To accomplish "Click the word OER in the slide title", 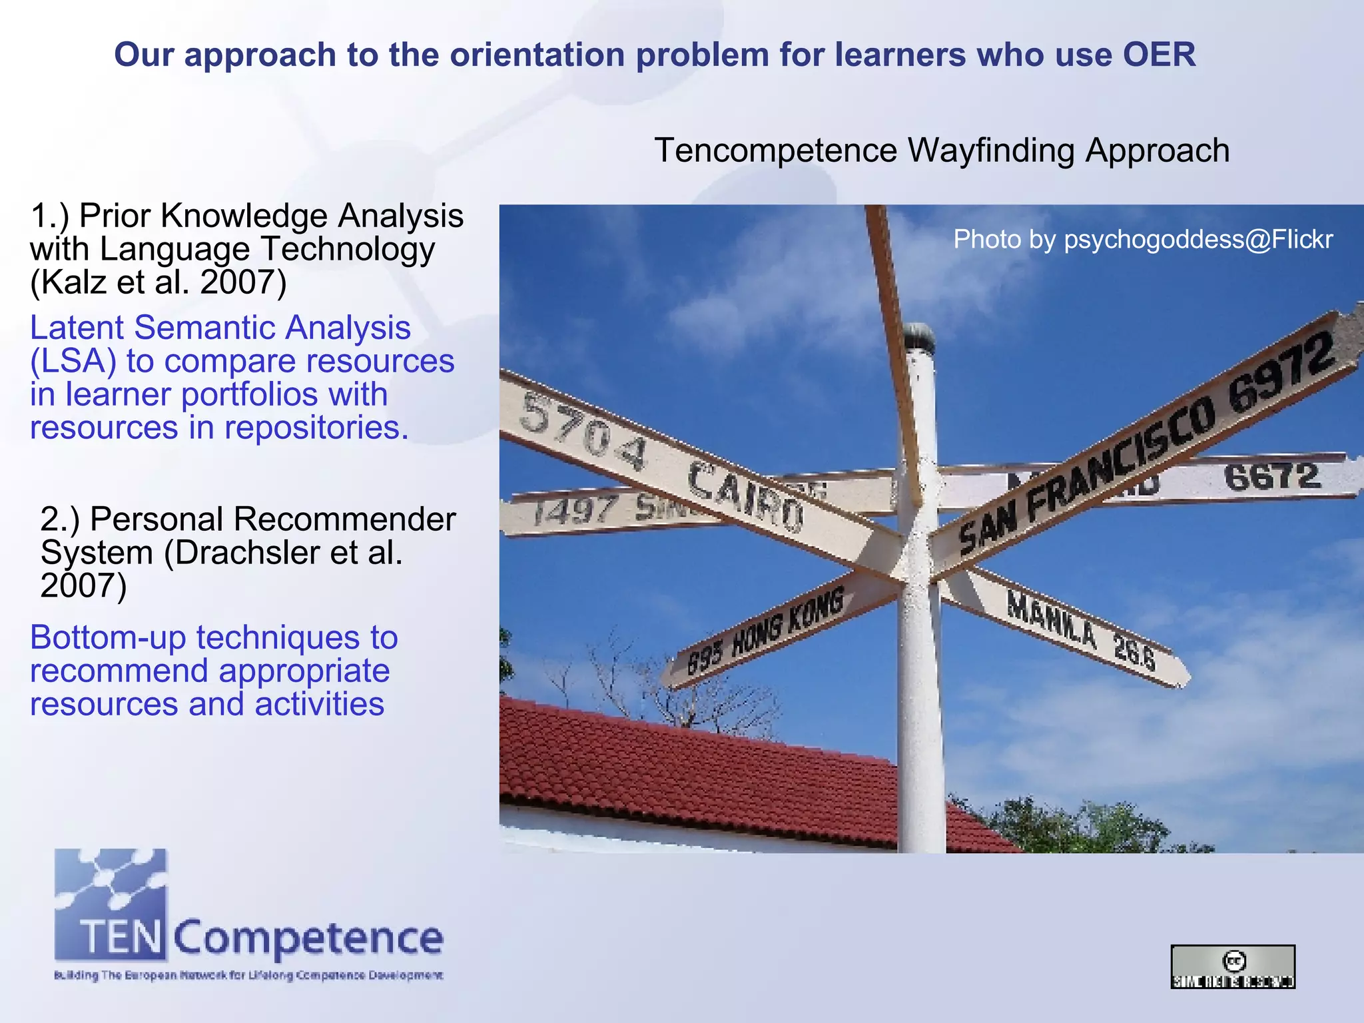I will (x=1160, y=55).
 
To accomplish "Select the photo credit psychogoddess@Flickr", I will (x=1198, y=240).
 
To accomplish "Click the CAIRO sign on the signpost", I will (x=745, y=496).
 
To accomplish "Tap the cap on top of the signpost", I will (x=918, y=336).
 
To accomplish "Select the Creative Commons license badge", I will (x=1233, y=966).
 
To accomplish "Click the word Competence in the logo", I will (x=309, y=938).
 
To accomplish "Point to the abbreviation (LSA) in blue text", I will (x=73, y=362).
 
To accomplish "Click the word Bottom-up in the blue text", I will (x=107, y=638).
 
